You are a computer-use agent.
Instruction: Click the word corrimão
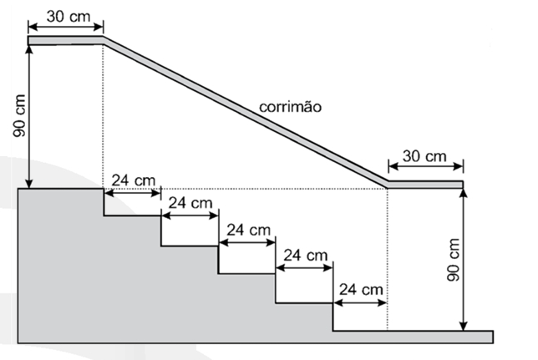coord(290,107)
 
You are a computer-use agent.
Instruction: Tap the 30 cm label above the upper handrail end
coord(69,16)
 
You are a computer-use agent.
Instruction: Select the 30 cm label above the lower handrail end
coord(424,156)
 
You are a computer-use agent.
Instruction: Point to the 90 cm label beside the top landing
coord(19,115)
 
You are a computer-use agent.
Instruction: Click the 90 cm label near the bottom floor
coord(454,260)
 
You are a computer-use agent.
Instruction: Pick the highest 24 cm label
coord(134,180)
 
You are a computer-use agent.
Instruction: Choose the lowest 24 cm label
coord(361,290)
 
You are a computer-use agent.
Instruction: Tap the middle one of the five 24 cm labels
coord(249,230)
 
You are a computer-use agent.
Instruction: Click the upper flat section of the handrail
coord(65,40)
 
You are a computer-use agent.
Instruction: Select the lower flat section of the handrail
coord(425,185)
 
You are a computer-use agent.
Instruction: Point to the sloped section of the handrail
coord(246,112)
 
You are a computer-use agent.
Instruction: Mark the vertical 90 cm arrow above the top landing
coord(29,117)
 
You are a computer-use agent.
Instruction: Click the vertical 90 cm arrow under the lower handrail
coord(463,260)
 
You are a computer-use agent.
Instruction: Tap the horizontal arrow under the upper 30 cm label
coord(65,27)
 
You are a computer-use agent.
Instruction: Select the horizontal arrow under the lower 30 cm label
coord(426,166)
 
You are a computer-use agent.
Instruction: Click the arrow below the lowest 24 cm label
coord(360,303)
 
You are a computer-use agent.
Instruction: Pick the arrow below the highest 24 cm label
coord(133,193)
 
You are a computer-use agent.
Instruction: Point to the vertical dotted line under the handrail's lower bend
coord(388,260)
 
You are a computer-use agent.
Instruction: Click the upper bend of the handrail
coord(104,38)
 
